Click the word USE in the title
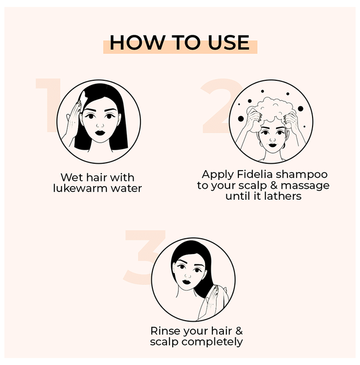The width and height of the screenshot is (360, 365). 229,42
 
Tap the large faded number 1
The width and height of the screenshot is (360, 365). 49,105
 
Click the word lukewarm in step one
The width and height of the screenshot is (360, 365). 80,188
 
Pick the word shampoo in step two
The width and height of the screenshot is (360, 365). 302,175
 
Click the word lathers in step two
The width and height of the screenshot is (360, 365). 283,196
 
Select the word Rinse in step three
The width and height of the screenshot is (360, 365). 164,331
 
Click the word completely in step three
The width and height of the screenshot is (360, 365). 212,342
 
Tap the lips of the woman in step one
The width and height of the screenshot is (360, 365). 100,132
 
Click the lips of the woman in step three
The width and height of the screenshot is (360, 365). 186,282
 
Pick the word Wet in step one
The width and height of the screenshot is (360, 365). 69,177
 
